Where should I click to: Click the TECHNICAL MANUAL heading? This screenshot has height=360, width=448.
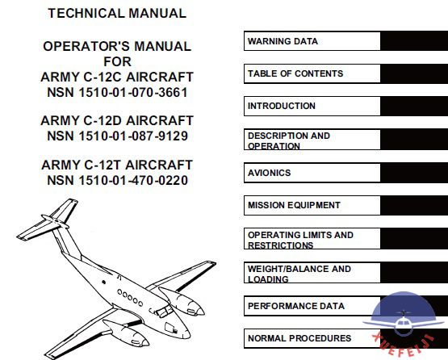[117, 14]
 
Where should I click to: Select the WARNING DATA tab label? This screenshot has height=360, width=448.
[283, 41]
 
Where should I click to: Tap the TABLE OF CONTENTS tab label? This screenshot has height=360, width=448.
[295, 73]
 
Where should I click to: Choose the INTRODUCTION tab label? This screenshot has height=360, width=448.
[282, 106]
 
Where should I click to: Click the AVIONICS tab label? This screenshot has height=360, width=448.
[269, 173]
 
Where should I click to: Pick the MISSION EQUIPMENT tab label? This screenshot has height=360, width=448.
[294, 205]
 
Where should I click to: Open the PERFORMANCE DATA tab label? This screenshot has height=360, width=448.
[296, 306]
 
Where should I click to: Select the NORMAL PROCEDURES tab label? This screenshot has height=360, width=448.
[299, 338]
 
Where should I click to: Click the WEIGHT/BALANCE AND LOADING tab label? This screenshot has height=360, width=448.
[299, 274]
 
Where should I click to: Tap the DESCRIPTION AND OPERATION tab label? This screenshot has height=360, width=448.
[289, 140]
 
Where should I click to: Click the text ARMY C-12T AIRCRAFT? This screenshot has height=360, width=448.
[117, 165]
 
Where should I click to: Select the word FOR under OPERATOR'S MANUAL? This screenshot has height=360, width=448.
[117, 61]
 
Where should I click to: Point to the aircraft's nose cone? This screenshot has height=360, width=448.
[183, 333]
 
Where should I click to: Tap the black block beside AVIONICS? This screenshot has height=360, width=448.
[414, 173]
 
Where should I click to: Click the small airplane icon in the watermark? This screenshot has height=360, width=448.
[403, 322]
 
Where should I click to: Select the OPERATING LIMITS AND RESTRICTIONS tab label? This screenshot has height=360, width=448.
[300, 240]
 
